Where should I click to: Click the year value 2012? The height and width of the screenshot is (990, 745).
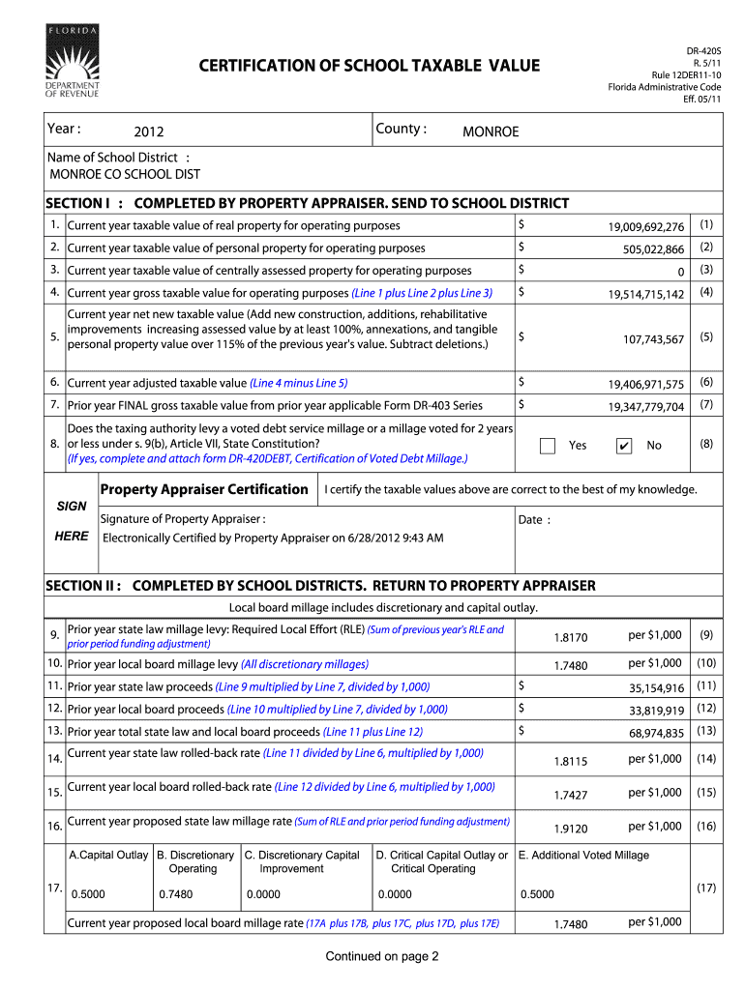(149, 131)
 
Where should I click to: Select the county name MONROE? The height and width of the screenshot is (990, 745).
(491, 131)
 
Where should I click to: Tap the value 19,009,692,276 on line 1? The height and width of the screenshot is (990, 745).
(646, 227)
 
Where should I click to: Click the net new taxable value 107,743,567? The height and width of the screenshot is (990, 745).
(653, 339)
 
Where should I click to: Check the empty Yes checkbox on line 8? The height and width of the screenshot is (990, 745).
(548, 446)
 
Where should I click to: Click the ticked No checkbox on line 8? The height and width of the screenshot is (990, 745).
(624, 446)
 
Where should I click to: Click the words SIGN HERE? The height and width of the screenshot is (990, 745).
(72, 520)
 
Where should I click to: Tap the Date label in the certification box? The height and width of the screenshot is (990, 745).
(534, 520)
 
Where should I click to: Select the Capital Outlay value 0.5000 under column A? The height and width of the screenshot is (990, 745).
(88, 894)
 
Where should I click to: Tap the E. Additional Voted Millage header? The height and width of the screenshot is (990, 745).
(583, 855)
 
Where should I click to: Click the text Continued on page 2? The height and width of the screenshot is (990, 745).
(382, 957)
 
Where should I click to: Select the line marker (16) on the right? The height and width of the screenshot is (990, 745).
(706, 827)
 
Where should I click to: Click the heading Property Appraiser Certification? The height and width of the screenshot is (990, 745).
(204, 490)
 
